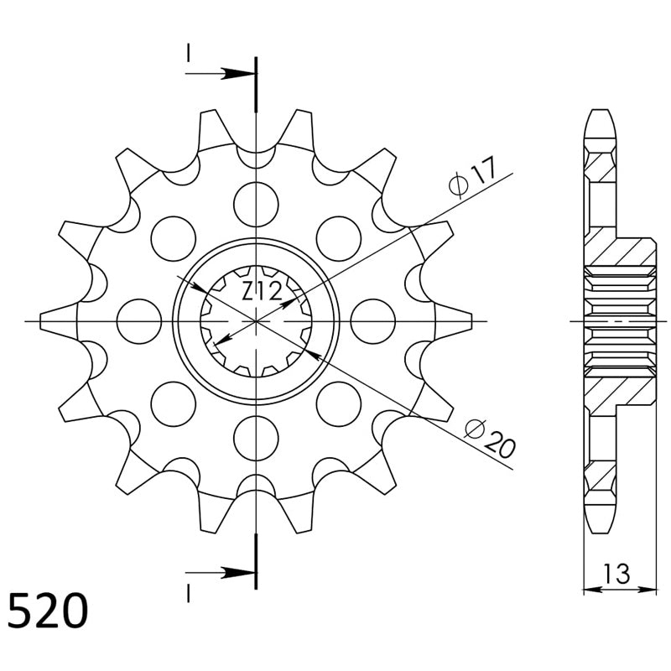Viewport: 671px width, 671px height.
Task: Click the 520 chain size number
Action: point(48,611)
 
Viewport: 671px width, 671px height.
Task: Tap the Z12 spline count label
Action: point(262,291)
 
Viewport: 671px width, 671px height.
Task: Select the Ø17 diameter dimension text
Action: point(472,176)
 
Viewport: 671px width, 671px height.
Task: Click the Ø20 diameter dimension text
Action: point(491,439)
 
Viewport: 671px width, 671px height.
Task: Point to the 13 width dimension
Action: point(616,574)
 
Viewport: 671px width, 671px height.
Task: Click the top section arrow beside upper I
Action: point(221,74)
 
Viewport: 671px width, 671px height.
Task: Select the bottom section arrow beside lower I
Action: point(221,572)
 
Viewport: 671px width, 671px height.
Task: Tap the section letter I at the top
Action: point(188,53)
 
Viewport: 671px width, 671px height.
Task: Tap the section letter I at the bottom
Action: point(188,594)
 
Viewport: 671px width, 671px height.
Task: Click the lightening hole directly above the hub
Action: point(256,204)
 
